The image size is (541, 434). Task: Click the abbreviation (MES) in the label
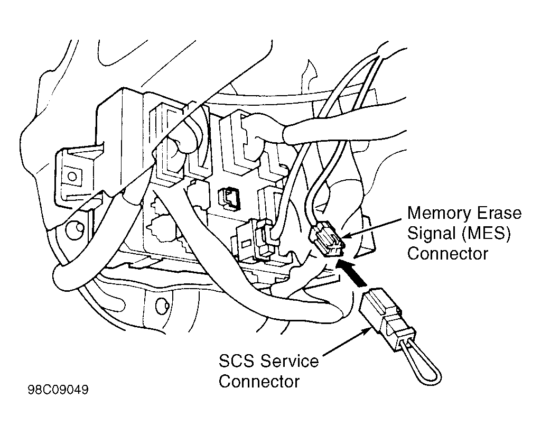(486, 234)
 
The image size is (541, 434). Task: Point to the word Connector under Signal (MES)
(447, 254)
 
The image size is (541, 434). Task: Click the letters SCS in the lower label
(237, 362)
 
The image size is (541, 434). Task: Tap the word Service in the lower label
(290, 362)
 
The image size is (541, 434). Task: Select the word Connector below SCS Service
(259, 382)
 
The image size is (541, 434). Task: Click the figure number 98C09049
(58, 390)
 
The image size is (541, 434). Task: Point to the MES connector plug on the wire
(327, 238)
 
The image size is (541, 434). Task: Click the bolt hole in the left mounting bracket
(72, 176)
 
